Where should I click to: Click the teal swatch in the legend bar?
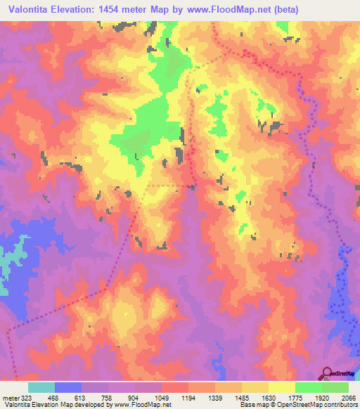(x=41, y=387)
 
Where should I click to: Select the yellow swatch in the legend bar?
(x=281, y=387)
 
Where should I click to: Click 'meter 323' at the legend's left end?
(x=15, y=398)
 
